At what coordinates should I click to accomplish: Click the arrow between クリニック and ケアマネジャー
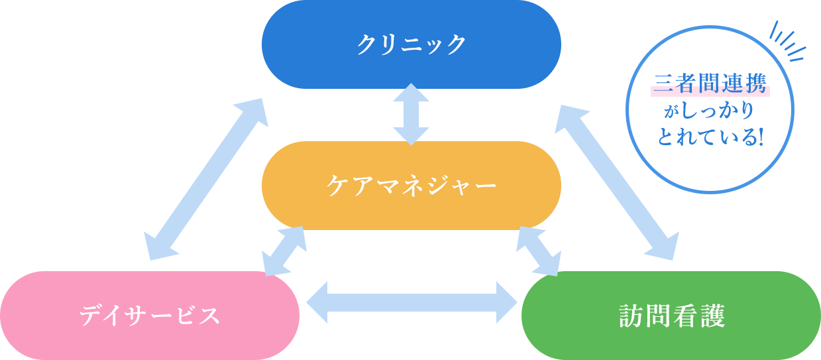point(411,114)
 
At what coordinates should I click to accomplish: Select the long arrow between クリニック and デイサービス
point(205,179)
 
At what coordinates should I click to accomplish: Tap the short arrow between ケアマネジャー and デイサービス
point(284,251)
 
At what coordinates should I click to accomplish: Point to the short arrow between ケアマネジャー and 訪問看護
point(538,251)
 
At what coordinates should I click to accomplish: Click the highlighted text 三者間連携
point(710,84)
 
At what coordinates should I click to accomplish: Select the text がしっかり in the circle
point(710,111)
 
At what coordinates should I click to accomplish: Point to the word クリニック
point(411,44)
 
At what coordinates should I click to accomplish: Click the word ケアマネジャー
point(411,185)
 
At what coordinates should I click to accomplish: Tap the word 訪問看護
point(671,316)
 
